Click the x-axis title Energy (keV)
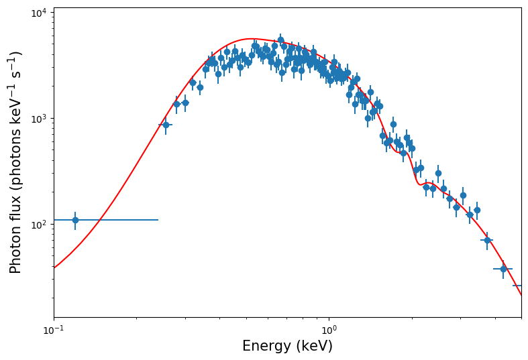(287, 346)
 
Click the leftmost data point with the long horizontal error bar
(75, 220)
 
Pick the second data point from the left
(166, 125)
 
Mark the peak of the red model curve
(250, 39)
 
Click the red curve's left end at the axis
(54, 268)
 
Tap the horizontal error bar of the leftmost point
(121, 220)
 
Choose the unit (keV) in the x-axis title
(314, 346)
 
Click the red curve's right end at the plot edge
(521, 294)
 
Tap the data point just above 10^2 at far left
(75, 220)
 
